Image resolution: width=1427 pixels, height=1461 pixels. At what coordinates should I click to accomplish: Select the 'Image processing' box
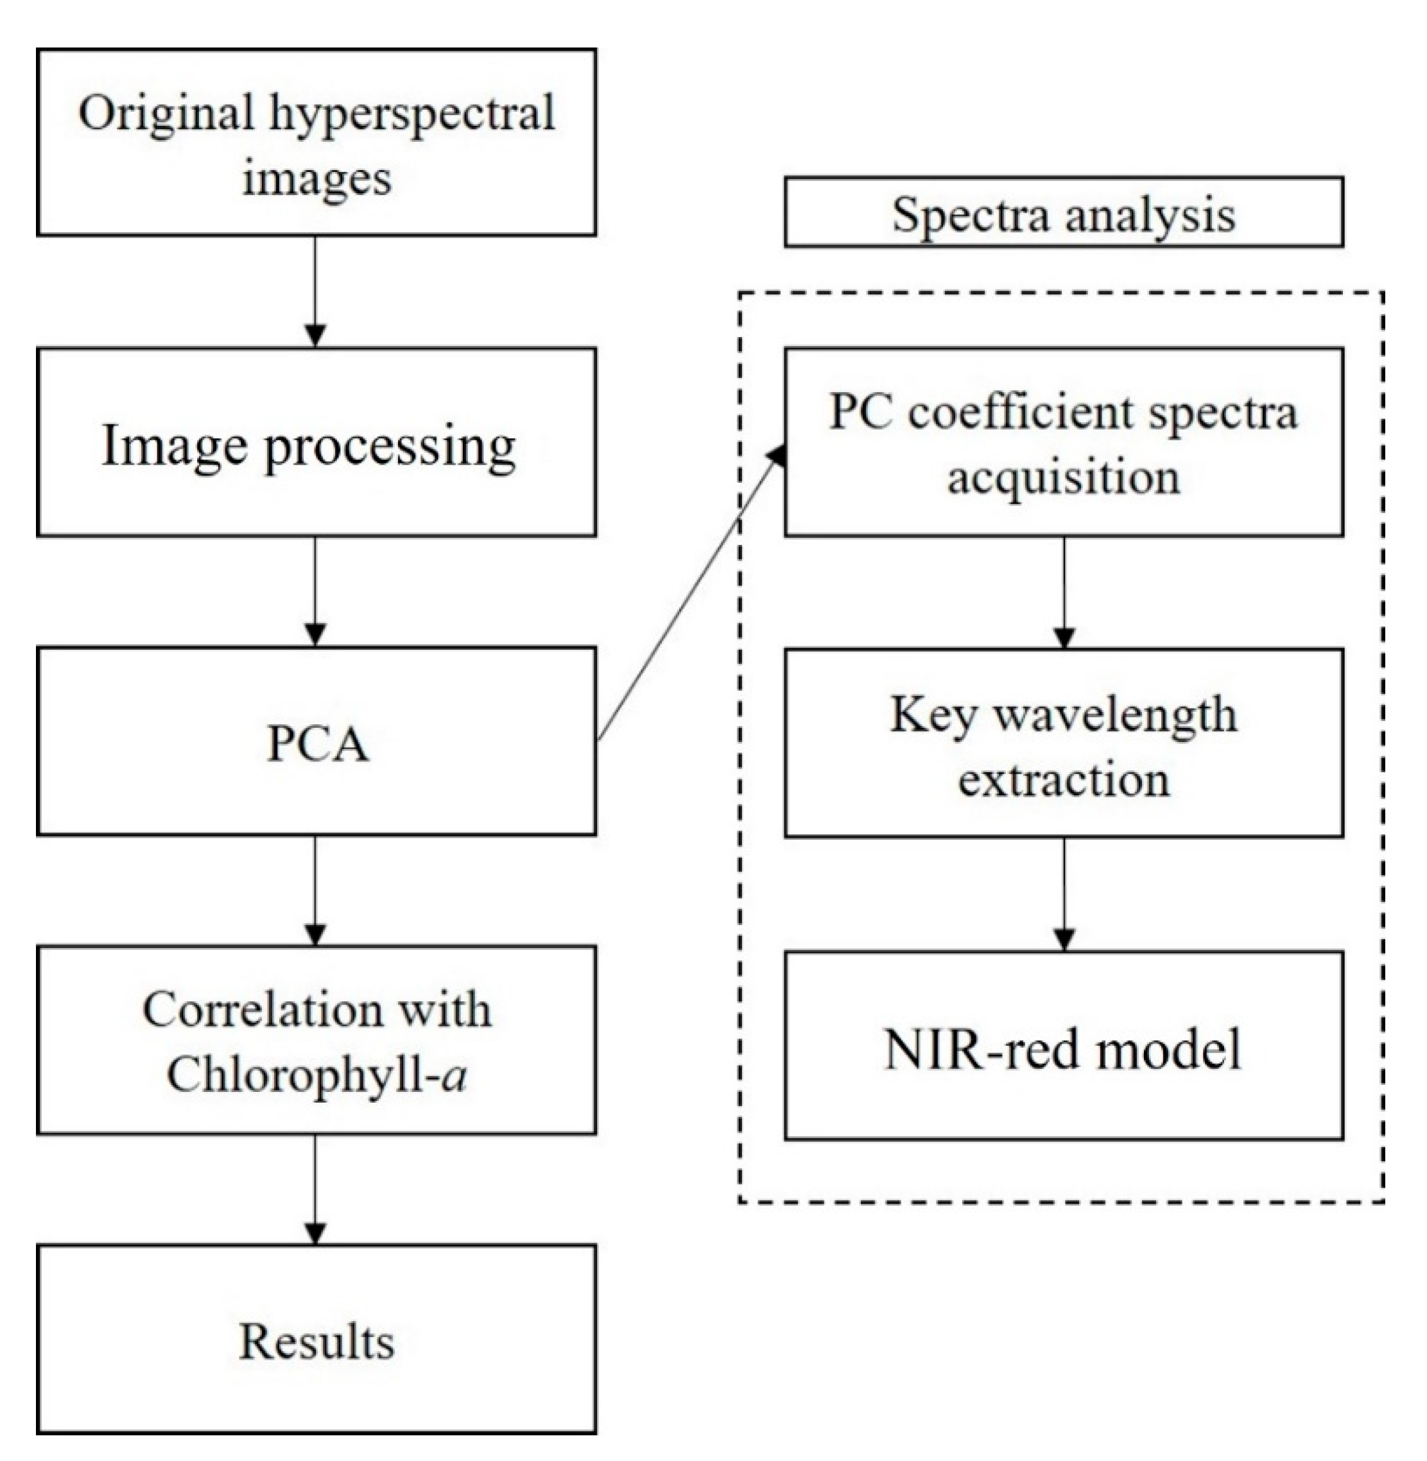point(316,442)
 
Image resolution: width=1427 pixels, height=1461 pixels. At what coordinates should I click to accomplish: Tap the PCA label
point(317,745)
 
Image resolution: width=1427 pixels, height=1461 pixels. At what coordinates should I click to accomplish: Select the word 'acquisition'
point(1064,477)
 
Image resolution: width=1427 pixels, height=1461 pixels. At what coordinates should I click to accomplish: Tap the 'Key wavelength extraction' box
point(1064,743)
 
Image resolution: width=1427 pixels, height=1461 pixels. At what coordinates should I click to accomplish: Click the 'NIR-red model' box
point(1064,1047)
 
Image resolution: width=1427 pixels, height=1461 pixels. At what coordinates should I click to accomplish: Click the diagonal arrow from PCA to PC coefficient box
point(689,600)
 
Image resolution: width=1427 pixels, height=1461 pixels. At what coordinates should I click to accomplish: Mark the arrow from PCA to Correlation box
point(316,890)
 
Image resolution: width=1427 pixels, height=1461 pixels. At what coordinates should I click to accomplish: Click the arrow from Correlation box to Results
point(316,1189)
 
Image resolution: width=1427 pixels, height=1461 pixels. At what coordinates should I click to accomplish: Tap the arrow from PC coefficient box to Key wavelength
point(1064,592)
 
